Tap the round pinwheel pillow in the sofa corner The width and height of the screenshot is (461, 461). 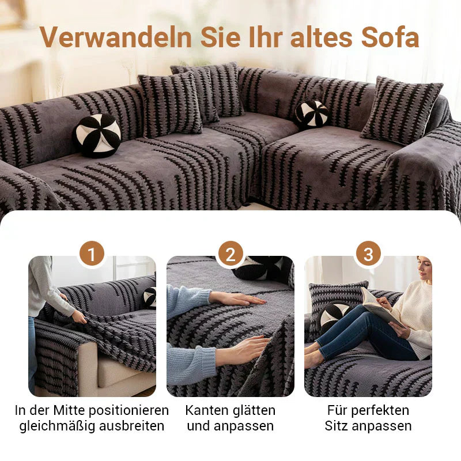point(312,114)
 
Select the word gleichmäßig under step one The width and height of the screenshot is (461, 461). point(64,426)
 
